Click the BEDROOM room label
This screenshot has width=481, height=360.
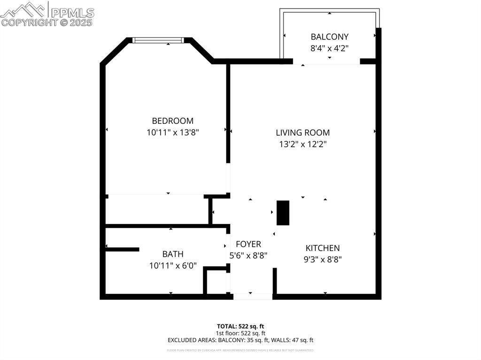(x=172, y=121)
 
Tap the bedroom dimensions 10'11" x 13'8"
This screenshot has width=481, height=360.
(x=173, y=132)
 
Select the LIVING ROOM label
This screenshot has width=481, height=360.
(x=303, y=133)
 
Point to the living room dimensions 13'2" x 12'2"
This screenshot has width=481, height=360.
(x=303, y=145)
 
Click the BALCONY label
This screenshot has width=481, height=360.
(x=329, y=37)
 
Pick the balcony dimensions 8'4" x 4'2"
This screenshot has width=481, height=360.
(x=329, y=48)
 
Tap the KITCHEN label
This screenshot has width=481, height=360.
(x=322, y=248)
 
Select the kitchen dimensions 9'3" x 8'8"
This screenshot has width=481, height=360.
(x=322, y=259)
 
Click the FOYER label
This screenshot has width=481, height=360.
(x=248, y=245)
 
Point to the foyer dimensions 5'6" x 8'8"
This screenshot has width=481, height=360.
(x=248, y=256)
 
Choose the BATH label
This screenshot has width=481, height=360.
(x=172, y=254)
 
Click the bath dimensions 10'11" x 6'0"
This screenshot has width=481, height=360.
(x=172, y=266)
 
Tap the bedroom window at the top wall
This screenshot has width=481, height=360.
(x=157, y=40)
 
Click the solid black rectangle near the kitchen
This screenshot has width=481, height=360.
(x=283, y=213)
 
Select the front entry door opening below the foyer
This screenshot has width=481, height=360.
(x=253, y=297)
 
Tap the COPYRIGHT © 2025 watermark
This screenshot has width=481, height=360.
(x=47, y=22)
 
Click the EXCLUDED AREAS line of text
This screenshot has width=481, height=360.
(x=240, y=340)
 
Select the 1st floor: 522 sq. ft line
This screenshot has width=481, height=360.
(x=240, y=333)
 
